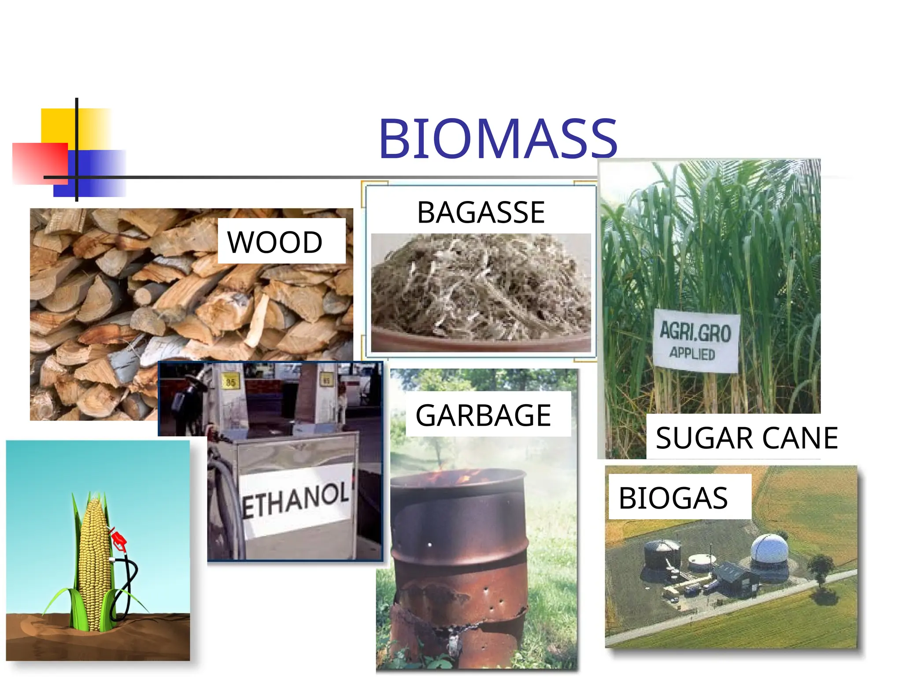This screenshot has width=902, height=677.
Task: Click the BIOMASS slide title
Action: pyautogui.click(x=498, y=139)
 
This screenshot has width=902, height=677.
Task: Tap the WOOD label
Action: pyautogui.click(x=275, y=242)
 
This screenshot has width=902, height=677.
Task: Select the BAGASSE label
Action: pyautogui.click(x=481, y=212)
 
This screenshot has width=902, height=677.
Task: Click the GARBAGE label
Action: pyautogui.click(x=483, y=415)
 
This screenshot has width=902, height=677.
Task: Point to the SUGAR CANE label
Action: pyautogui.click(x=747, y=438)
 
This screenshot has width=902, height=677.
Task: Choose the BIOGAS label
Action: pyautogui.click(x=673, y=498)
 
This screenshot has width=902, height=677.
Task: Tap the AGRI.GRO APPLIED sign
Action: pyautogui.click(x=695, y=341)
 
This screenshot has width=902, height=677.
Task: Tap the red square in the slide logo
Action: pyautogui.click(x=40, y=163)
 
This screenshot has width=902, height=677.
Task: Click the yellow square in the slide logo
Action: pyautogui.click(x=75, y=128)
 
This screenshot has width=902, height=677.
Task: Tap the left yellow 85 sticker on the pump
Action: pyautogui.click(x=230, y=382)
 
